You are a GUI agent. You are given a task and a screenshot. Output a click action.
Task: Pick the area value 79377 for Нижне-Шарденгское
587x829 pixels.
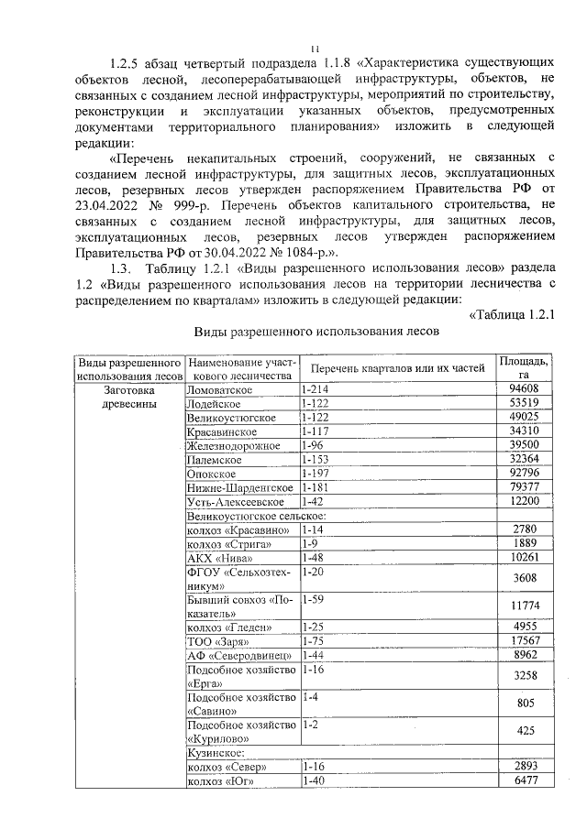525,487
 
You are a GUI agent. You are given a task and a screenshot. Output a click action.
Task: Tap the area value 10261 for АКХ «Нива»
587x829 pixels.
525,558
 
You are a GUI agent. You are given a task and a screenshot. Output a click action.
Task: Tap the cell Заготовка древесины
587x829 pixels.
130,396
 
